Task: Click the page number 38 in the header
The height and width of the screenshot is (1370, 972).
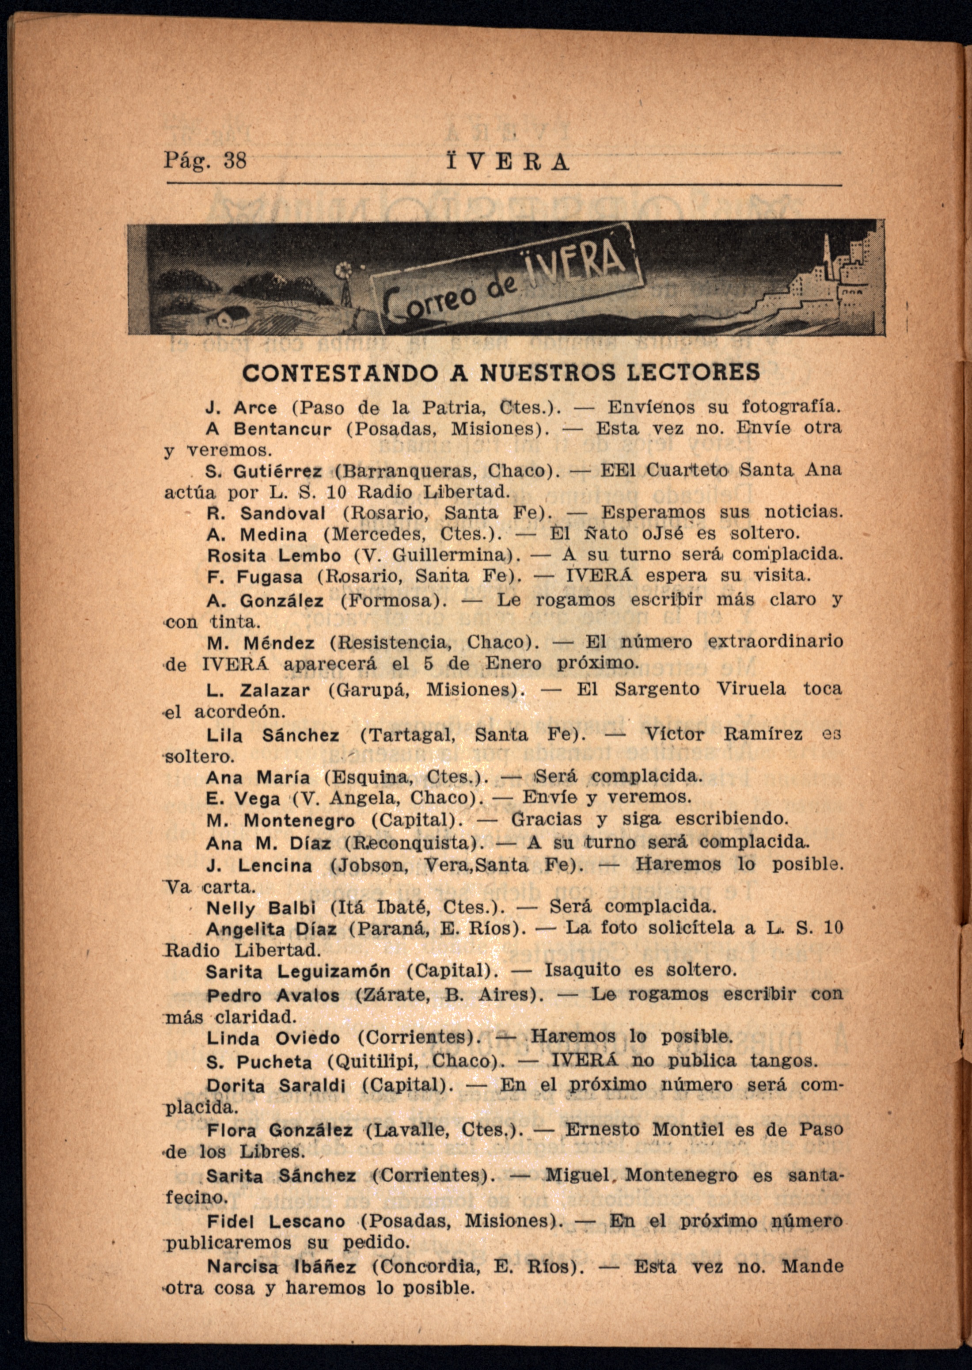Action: pos(235,161)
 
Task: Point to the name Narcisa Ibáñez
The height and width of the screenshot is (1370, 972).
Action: pos(281,1267)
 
